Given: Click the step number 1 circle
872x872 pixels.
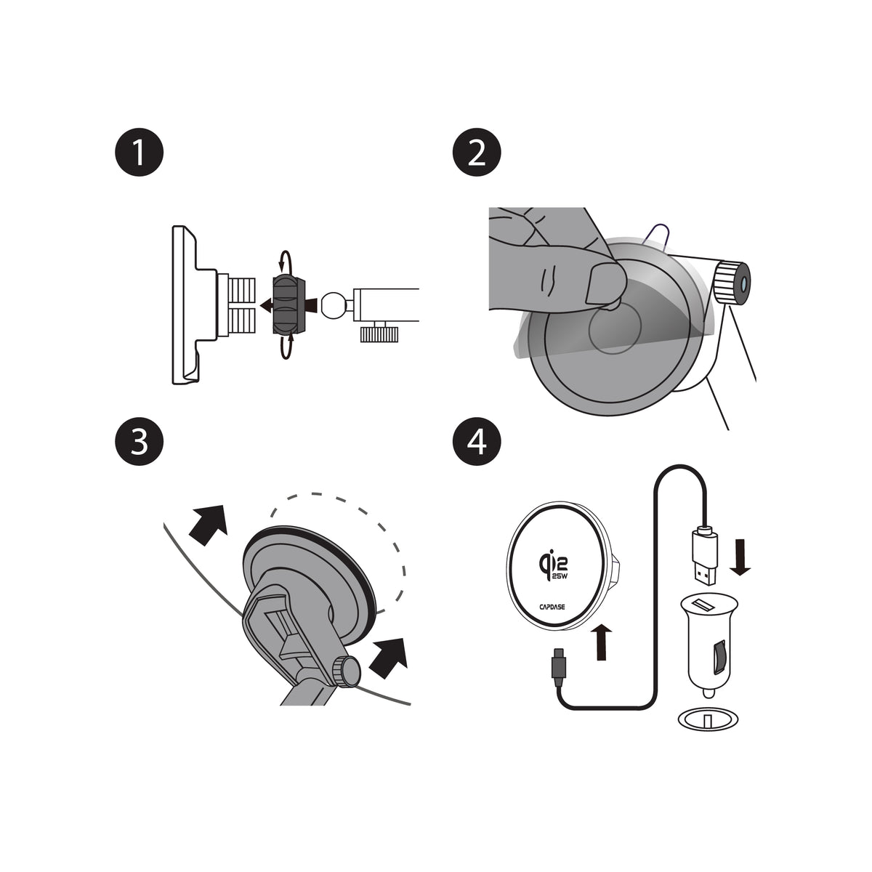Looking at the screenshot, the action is click(x=139, y=152).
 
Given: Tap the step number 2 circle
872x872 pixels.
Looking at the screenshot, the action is click(x=477, y=152).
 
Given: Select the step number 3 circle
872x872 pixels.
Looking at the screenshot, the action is click(x=139, y=442).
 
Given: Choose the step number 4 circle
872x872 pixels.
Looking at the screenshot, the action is click(x=477, y=442).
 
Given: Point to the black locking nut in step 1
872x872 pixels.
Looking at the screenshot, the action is click(x=288, y=305).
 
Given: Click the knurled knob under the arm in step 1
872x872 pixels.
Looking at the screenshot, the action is click(x=379, y=334).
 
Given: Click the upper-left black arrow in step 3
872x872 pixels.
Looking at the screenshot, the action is click(x=209, y=525).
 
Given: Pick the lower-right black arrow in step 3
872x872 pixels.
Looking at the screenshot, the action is click(x=388, y=658).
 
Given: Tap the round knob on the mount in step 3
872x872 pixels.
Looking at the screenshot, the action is click(x=346, y=671).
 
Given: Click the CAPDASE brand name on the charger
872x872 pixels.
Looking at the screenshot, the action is click(x=552, y=607).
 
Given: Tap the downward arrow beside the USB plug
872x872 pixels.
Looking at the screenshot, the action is click(x=740, y=557).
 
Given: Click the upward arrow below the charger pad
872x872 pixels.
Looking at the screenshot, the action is click(x=602, y=642).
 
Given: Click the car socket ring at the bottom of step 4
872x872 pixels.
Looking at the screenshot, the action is click(x=708, y=718).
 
